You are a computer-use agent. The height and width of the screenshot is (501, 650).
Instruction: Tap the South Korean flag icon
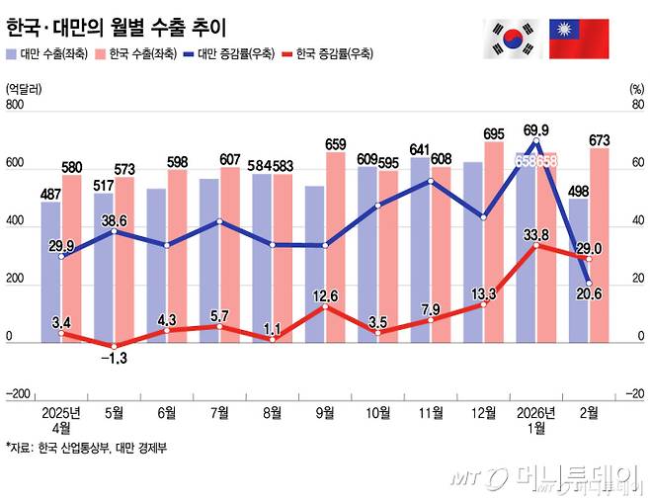[x=512, y=38]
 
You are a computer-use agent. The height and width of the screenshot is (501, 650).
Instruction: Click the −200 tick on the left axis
[x=17, y=393]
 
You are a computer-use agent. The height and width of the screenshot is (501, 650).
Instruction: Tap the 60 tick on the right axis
[x=637, y=164]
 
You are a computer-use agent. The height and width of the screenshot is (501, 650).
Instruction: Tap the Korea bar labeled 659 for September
[x=335, y=247]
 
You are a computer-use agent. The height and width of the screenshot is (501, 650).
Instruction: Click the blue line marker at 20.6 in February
[x=590, y=284]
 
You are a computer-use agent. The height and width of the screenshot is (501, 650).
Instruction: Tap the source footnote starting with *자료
[x=87, y=447]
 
